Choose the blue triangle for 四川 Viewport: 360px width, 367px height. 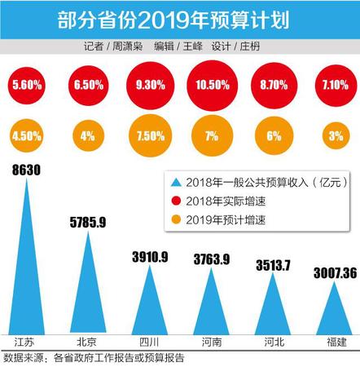pos(147,302)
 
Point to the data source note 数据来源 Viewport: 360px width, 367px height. pos(24,356)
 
